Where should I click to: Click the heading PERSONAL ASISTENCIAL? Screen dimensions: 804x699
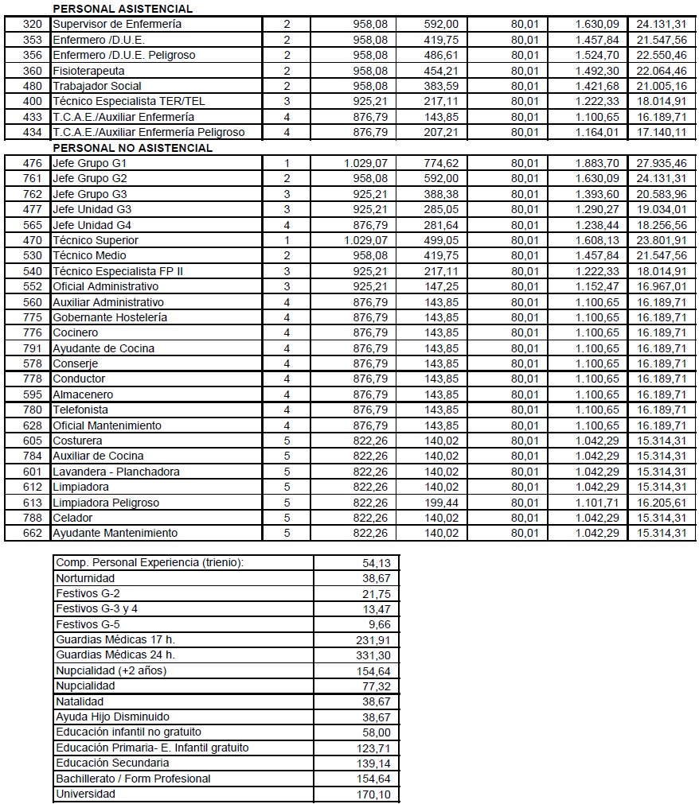(x=122, y=9)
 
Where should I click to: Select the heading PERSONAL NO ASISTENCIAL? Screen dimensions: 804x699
(x=132, y=148)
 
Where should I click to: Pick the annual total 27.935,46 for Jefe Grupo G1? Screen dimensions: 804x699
(x=661, y=164)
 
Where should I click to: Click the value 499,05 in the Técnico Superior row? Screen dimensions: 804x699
(x=441, y=240)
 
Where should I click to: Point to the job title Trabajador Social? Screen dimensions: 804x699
(x=96, y=86)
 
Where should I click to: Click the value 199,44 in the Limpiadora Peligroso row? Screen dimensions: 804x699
(x=441, y=503)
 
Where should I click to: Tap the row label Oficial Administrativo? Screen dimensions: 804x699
(x=105, y=286)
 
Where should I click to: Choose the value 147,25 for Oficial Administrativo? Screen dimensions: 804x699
(x=441, y=286)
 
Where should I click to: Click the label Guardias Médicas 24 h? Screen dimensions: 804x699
(x=115, y=655)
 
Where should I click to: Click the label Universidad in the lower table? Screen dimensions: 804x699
(x=85, y=794)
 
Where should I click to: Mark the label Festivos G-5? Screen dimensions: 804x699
(x=88, y=624)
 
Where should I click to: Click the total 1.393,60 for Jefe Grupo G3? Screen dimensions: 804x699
(x=597, y=194)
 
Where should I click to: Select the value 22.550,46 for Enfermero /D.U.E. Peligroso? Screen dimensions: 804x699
(x=661, y=56)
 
